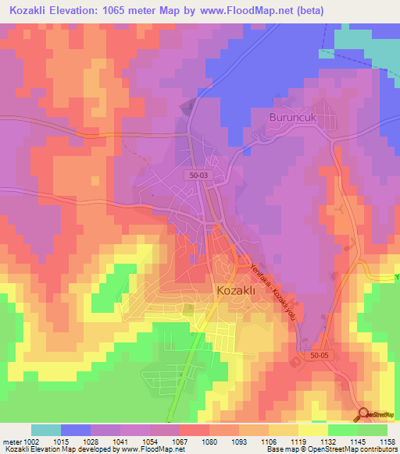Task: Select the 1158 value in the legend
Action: click(x=387, y=441)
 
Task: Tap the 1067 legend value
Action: click(x=179, y=441)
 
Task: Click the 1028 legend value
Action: click(x=90, y=441)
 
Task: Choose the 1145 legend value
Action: click(x=357, y=441)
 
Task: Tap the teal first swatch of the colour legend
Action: click(x=46, y=430)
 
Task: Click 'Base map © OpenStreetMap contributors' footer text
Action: click(x=331, y=449)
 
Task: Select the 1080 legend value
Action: click(x=209, y=441)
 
